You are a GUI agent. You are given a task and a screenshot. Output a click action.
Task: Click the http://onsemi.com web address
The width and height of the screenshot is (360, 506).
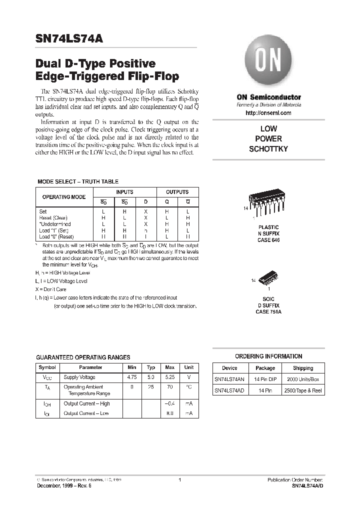click(x=268, y=113)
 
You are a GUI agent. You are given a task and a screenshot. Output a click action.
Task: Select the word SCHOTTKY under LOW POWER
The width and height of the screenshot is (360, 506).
click(x=268, y=148)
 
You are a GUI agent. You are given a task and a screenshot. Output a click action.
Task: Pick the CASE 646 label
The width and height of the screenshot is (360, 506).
click(x=268, y=240)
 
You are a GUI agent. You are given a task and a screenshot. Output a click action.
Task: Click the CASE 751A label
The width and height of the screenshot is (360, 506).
click(x=268, y=311)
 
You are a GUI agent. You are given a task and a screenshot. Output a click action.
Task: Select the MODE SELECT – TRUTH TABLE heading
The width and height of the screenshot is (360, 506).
click(x=78, y=181)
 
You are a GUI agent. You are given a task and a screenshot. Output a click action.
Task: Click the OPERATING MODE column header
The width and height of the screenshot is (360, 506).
click(x=63, y=197)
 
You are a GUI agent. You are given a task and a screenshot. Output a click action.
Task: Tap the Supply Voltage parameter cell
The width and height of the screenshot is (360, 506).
click(x=79, y=377)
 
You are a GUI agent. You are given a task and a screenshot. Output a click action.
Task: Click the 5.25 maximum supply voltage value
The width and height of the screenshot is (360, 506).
click(x=170, y=377)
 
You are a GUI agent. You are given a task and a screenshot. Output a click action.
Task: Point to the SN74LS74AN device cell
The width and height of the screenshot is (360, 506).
click(x=229, y=379)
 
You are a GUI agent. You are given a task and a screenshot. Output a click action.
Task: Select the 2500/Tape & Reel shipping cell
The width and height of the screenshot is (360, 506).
click(x=303, y=390)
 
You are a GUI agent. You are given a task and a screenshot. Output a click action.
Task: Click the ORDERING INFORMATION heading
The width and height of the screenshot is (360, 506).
click(x=268, y=356)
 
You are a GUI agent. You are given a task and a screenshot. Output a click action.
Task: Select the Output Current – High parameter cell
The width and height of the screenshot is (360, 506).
click(x=87, y=403)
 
